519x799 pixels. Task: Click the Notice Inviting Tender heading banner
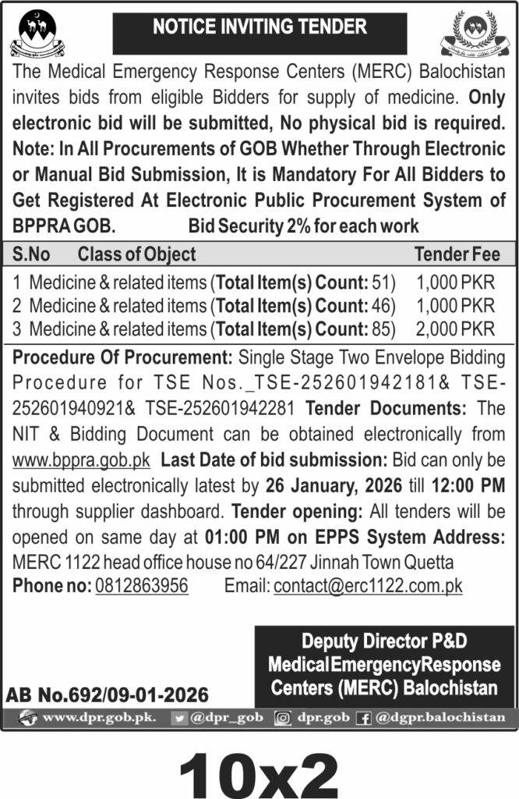click(259, 27)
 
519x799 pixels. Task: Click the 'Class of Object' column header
click(136, 254)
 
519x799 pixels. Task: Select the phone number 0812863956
click(141, 585)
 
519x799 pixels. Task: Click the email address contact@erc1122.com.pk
click(368, 585)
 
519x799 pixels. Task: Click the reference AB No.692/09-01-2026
click(108, 694)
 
